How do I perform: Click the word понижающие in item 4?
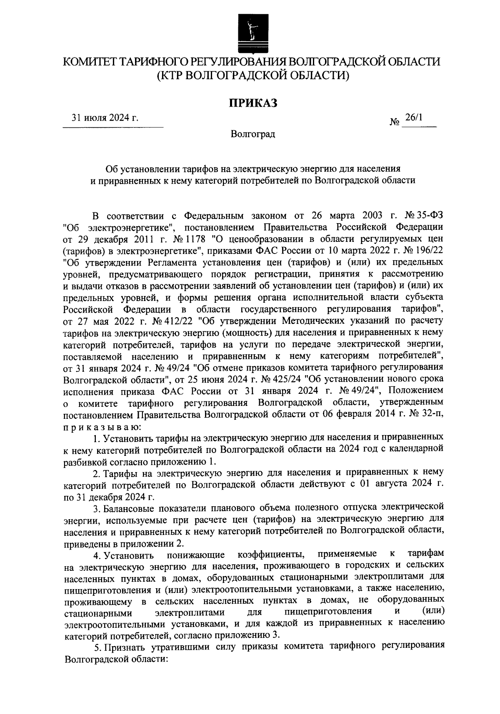196,555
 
